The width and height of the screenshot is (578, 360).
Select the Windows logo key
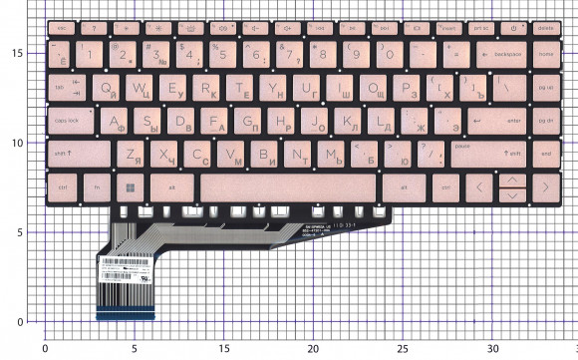click(x=128, y=186)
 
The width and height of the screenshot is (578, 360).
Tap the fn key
click(x=97, y=186)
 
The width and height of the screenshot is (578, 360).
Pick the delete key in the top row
click(x=545, y=28)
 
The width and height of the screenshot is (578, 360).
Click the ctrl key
click(x=63, y=186)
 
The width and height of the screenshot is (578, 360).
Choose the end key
click(x=545, y=155)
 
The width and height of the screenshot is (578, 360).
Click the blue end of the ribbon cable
click(x=127, y=317)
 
